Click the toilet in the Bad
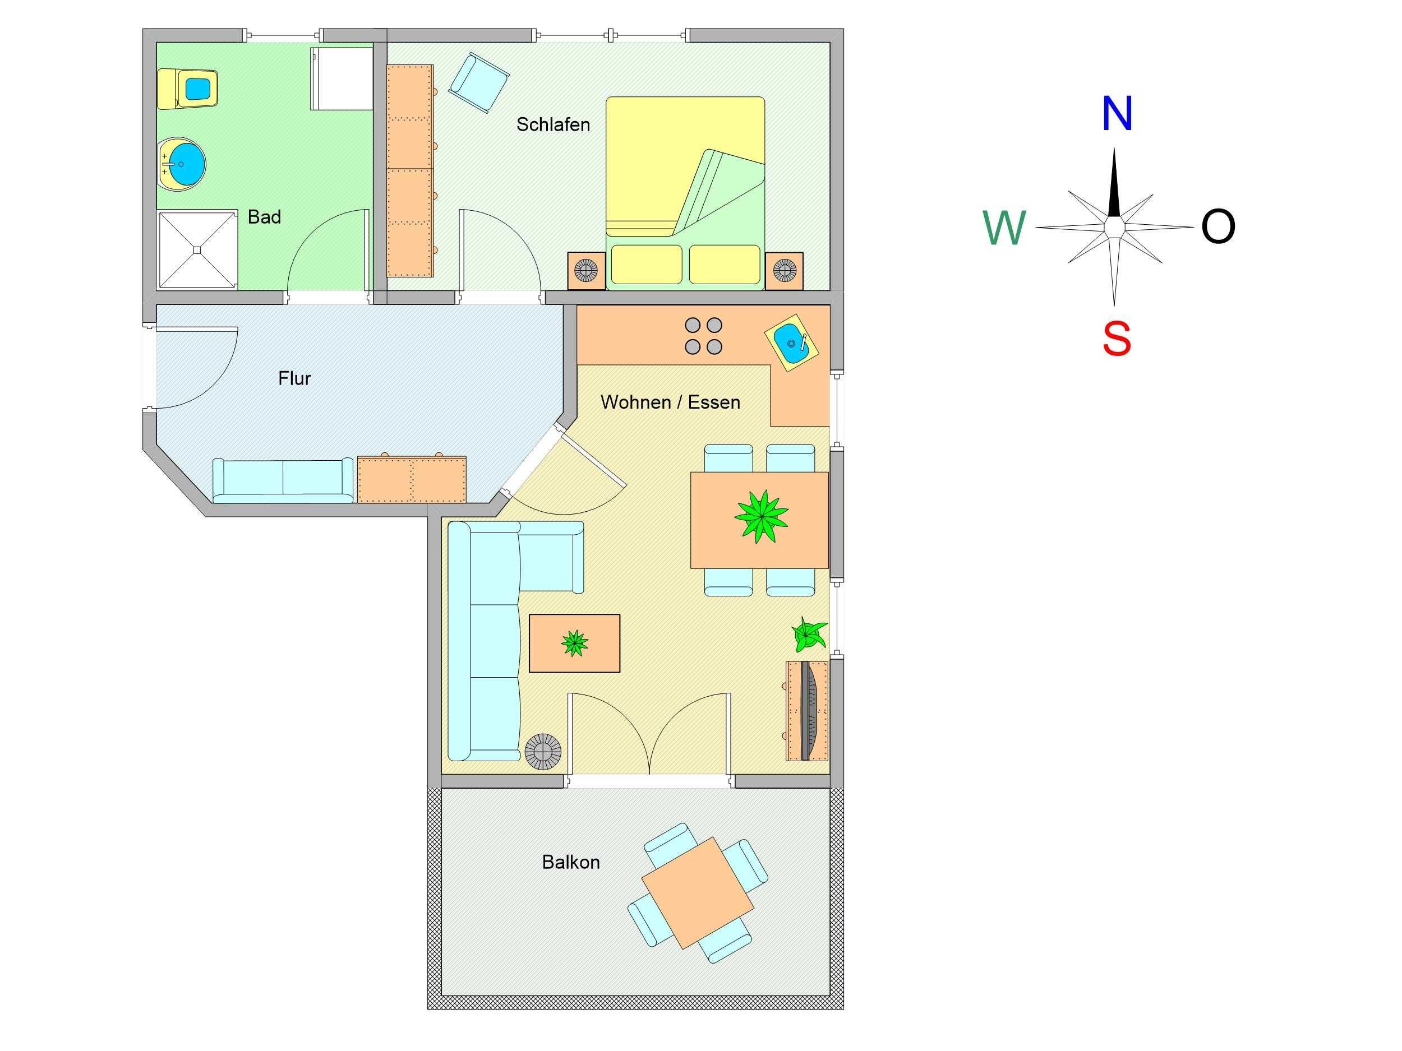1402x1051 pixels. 188,89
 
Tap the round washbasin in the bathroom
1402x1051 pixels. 182,164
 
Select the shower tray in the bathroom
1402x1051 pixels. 197,250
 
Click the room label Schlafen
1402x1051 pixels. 553,125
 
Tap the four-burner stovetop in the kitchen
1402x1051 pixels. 704,336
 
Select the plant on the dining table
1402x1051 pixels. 761,516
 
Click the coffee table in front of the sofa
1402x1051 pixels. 574,643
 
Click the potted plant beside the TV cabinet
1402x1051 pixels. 809,633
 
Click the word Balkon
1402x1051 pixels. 570,862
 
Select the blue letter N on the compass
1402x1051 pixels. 1117,113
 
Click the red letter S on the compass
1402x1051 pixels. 1116,339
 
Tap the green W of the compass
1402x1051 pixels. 1004,228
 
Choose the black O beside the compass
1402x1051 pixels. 1218,227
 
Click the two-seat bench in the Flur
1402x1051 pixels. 283,480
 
